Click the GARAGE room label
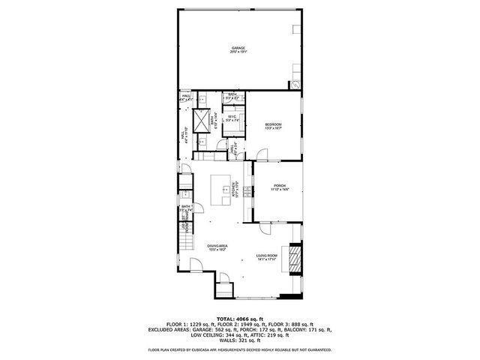tap(238, 49)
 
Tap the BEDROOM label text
tap(273, 124)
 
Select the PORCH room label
tap(280, 185)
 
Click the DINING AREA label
tap(217, 245)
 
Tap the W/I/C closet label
tap(232, 116)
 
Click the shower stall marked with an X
tap(202, 120)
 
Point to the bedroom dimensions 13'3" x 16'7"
tap(273, 128)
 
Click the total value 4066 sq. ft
tap(250, 319)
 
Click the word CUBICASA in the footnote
tap(208, 349)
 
